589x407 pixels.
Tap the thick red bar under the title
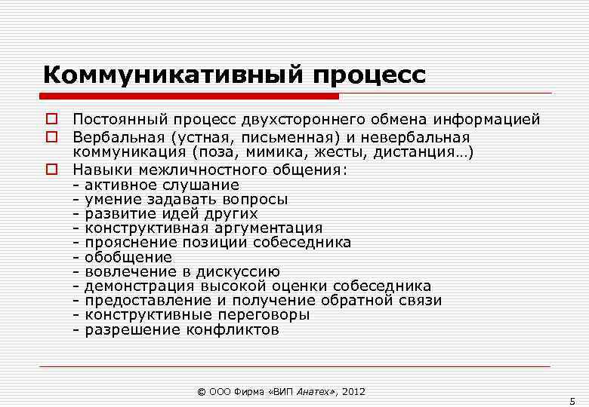click(x=189, y=96)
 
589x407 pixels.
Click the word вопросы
click(x=255, y=199)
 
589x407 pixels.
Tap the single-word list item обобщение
click(x=128, y=257)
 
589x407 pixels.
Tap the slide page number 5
click(x=572, y=400)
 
